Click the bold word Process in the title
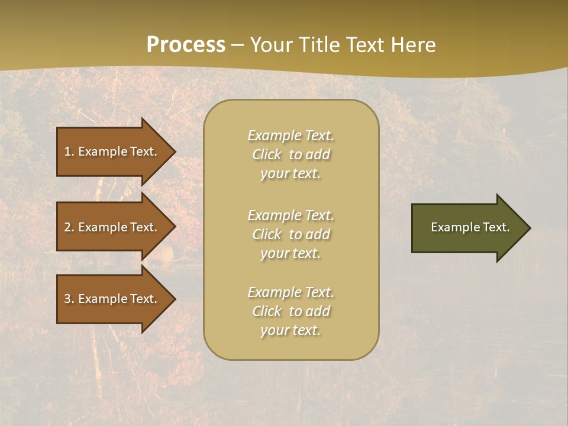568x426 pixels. (186, 45)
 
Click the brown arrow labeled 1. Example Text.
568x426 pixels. (112, 151)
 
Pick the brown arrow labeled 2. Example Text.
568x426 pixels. (112, 227)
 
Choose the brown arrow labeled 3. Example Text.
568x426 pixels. (112, 299)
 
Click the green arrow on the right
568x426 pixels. (467, 227)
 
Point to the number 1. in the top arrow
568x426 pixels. (69, 151)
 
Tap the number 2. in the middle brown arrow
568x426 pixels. (69, 227)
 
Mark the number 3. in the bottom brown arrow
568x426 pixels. (69, 299)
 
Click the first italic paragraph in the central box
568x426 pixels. (291, 154)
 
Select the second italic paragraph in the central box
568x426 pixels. (291, 234)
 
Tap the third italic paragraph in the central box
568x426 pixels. (291, 311)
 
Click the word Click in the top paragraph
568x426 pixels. (267, 155)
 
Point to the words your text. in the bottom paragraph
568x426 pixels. (291, 330)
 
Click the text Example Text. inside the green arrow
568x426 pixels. (470, 227)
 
